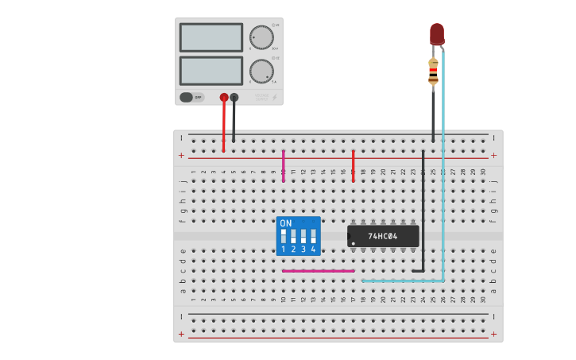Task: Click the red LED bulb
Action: (437, 33)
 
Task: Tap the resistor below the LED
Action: (433, 72)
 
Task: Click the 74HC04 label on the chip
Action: (383, 236)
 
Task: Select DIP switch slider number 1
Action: (284, 236)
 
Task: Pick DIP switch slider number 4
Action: (313, 236)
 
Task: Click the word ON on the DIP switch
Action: (286, 223)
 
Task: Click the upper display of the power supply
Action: (211, 37)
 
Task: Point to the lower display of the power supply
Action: (211, 71)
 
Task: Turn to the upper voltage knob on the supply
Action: (261, 37)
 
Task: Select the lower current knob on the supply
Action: (261, 71)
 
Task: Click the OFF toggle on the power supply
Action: (191, 97)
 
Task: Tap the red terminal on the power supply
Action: (224, 97)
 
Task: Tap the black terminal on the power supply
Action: (234, 97)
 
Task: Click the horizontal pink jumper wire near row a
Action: (318, 271)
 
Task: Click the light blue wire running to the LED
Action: (443, 199)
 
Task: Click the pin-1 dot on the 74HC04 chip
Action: (353, 242)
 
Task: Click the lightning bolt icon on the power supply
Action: (275, 98)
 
